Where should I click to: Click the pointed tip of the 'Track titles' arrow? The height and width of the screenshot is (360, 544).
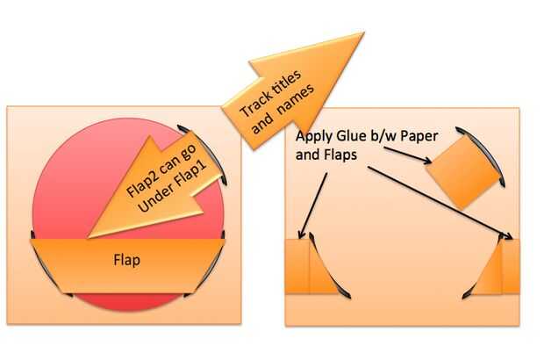click(x=362, y=35)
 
